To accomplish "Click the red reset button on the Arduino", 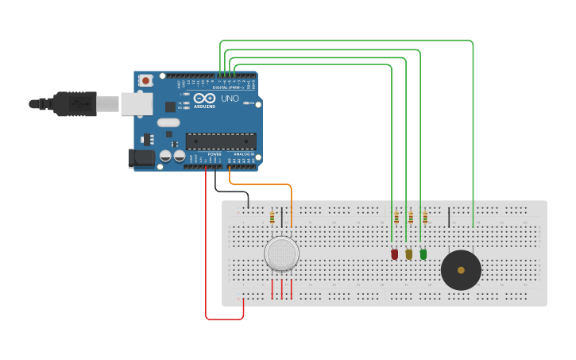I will tap(145, 80).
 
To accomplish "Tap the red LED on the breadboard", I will tap(395, 254).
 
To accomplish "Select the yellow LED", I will tap(409, 254).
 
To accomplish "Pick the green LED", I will tap(423, 254).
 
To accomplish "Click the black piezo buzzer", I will tap(461, 270).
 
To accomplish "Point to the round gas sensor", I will tap(282, 254).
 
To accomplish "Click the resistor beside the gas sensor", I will tap(273, 217).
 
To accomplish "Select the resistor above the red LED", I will tap(396, 217).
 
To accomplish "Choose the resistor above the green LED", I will tap(425, 217).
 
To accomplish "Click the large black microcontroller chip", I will tap(221, 141).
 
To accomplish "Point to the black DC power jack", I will tap(141, 158).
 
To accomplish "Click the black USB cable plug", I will tap(75, 103).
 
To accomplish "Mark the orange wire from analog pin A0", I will tap(262, 185).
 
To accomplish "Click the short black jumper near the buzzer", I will tap(450, 217).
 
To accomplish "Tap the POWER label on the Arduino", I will tap(215, 154).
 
